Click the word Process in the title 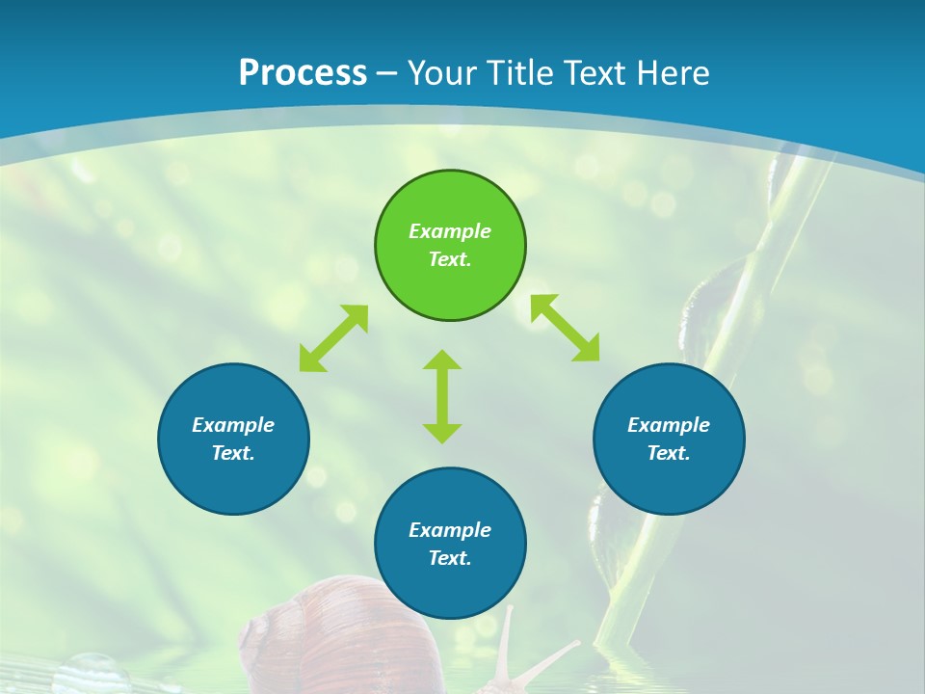click(303, 73)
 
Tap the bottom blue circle click(450, 588)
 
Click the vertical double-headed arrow click(442, 396)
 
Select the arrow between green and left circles click(333, 338)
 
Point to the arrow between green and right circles click(566, 328)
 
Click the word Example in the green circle click(450, 231)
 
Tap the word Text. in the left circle click(233, 453)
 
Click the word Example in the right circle click(669, 425)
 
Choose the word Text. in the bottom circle click(450, 558)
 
